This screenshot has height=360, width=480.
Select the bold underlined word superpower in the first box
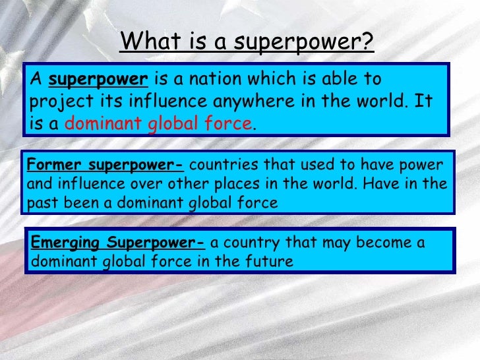[98, 80]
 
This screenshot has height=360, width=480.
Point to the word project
[55, 103]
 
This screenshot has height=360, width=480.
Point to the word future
[269, 261]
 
